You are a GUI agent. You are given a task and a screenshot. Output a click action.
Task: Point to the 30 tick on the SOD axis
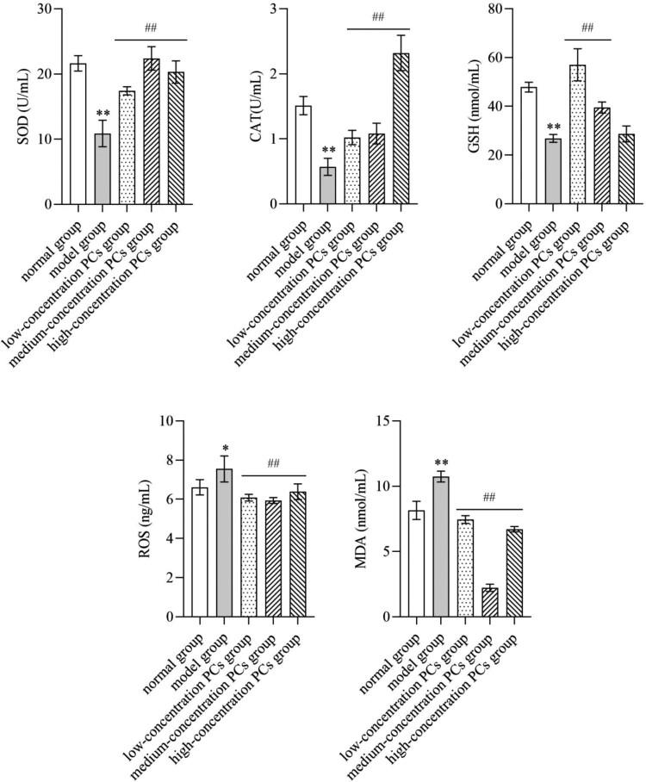point(44,9)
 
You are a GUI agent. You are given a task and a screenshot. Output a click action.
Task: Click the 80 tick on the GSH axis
point(498,9)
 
